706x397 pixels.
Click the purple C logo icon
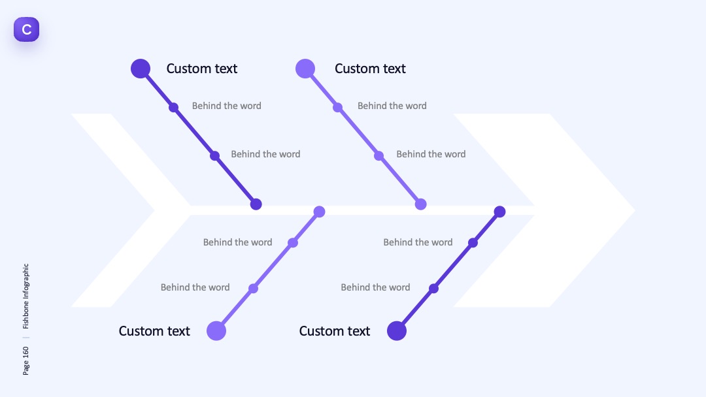(27, 29)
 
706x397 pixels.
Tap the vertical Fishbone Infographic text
(25, 296)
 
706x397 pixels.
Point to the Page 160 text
(25, 360)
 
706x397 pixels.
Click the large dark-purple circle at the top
(141, 69)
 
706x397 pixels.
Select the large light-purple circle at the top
(305, 69)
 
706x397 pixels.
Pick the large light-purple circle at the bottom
(216, 331)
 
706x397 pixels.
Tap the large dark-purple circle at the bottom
(397, 331)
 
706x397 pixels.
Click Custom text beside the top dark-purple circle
(202, 69)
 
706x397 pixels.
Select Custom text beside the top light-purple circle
(370, 69)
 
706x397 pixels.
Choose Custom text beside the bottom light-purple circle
(154, 331)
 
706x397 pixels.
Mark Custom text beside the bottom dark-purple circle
(335, 331)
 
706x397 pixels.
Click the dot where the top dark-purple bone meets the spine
(256, 204)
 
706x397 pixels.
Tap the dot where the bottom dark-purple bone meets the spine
(499, 212)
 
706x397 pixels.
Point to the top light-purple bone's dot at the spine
(420, 204)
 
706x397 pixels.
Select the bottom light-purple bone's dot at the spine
(319, 212)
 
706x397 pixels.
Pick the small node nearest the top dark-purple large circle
(173, 108)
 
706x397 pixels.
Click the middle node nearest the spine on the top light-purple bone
(378, 156)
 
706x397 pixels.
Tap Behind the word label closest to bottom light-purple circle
(195, 287)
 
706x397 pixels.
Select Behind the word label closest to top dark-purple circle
(226, 106)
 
